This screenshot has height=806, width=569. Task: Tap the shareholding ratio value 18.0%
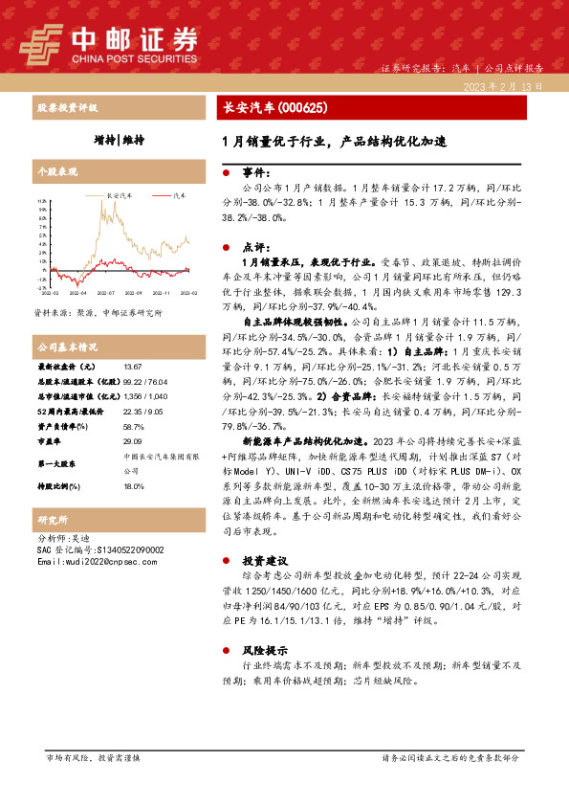133,486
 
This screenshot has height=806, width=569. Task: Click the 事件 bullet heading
253,172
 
